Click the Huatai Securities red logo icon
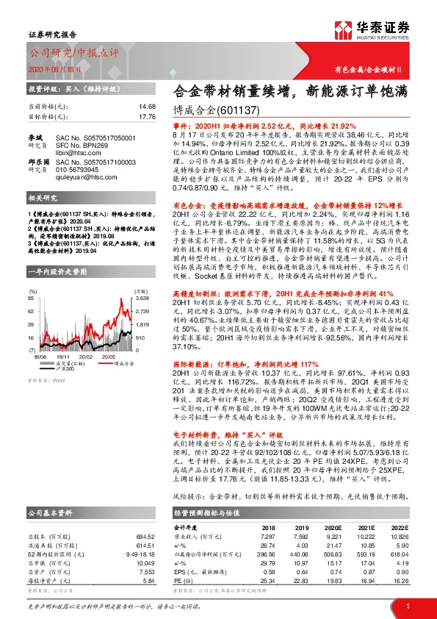click(x=343, y=29)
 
